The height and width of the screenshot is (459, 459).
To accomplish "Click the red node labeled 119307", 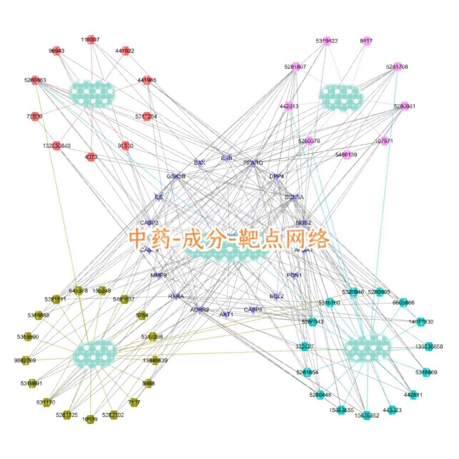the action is pos(91,39).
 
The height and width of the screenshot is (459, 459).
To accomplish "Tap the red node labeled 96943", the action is pos(56,51).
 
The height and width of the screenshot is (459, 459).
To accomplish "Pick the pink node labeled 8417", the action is pos(366,41).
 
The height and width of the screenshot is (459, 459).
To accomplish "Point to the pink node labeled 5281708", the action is pos(397,66).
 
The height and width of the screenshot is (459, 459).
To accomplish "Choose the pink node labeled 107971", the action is pos(384,141).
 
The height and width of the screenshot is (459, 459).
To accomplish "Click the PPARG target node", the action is pos(252,162).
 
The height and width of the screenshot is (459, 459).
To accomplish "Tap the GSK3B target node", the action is pos(176,176).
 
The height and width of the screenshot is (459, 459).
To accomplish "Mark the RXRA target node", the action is pos(176,296).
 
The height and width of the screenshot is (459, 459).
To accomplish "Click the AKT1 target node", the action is pos(226,314).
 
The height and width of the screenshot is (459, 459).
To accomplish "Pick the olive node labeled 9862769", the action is pos(25,360).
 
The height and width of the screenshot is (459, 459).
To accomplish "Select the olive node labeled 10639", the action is pos(90,419).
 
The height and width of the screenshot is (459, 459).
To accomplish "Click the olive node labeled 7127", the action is pos(134,402).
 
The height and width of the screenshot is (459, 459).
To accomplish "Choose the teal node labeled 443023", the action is pos(392,410).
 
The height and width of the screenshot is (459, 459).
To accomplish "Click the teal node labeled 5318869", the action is pos(426,372).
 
